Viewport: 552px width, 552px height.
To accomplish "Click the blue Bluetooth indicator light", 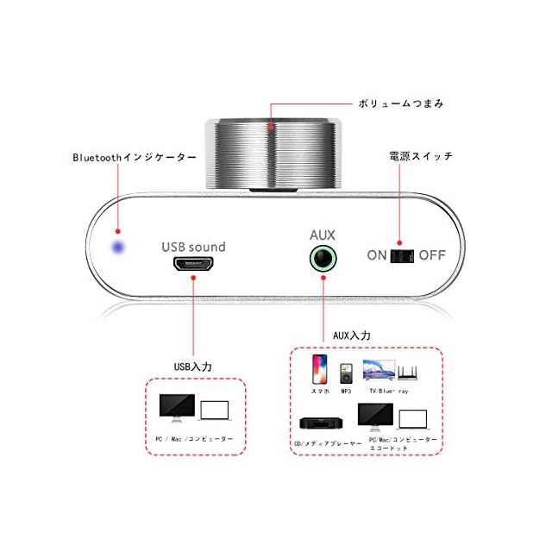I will [x=118, y=248].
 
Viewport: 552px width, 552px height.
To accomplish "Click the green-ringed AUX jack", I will [x=323, y=258].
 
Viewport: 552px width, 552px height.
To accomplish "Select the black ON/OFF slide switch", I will [x=403, y=255].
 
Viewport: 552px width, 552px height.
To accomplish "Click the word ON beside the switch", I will [x=377, y=255].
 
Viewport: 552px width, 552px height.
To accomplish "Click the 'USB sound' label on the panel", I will [x=193, y=247].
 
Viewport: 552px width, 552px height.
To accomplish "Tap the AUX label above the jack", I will [x=322, y=234].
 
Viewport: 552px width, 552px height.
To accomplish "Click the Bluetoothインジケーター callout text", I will [x=134, y=158].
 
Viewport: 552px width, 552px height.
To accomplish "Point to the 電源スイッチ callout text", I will [x=420, y=157].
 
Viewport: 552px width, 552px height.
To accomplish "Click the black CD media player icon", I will [x=320, y=423].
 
